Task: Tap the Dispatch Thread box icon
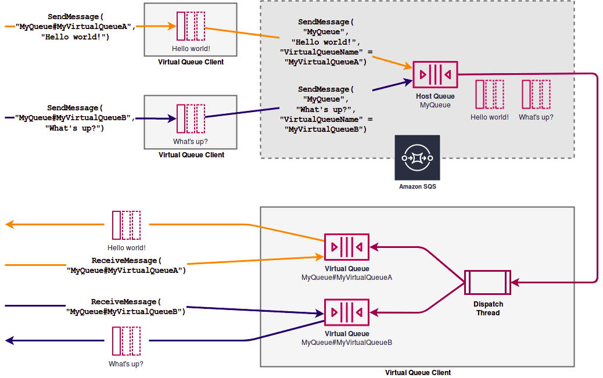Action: point(487,283)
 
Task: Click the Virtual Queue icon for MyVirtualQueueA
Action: point(346,247)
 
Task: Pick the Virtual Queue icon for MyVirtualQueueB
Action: point(346,312)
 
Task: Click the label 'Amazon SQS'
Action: point(417,187)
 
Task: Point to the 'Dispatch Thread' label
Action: point(488,308)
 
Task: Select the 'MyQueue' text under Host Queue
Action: point(435,105)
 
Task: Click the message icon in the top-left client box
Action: point(191,26)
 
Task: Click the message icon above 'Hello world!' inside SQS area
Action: point(489,94)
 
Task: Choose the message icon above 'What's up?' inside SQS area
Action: point(536,94)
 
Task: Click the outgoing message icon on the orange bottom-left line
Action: point(126,225)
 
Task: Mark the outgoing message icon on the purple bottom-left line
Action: point(126,341)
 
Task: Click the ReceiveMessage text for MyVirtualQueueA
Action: point(126,265)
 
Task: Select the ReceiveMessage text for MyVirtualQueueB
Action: point(126,307)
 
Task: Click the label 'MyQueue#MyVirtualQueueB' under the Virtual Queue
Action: point(346,343)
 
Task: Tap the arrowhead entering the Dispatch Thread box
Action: point(515,283)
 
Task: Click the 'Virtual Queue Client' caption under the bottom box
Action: point(418,373)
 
